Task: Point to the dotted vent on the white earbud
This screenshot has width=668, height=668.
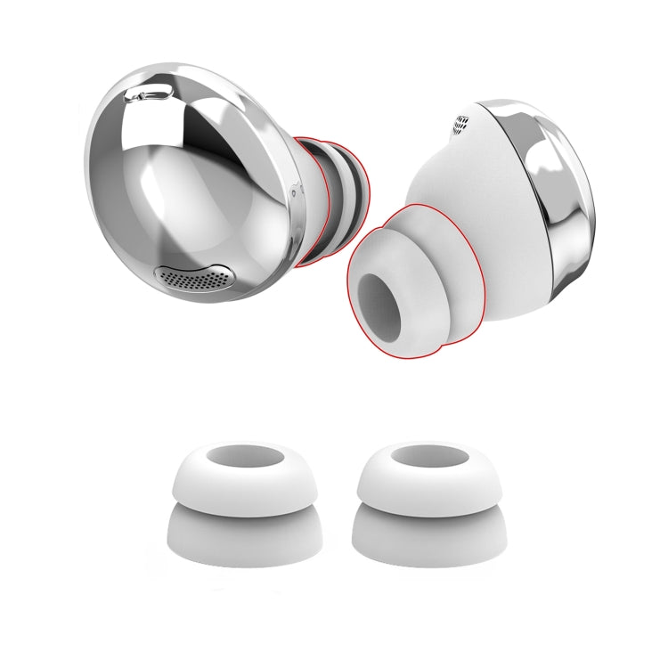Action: pos(461,123)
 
